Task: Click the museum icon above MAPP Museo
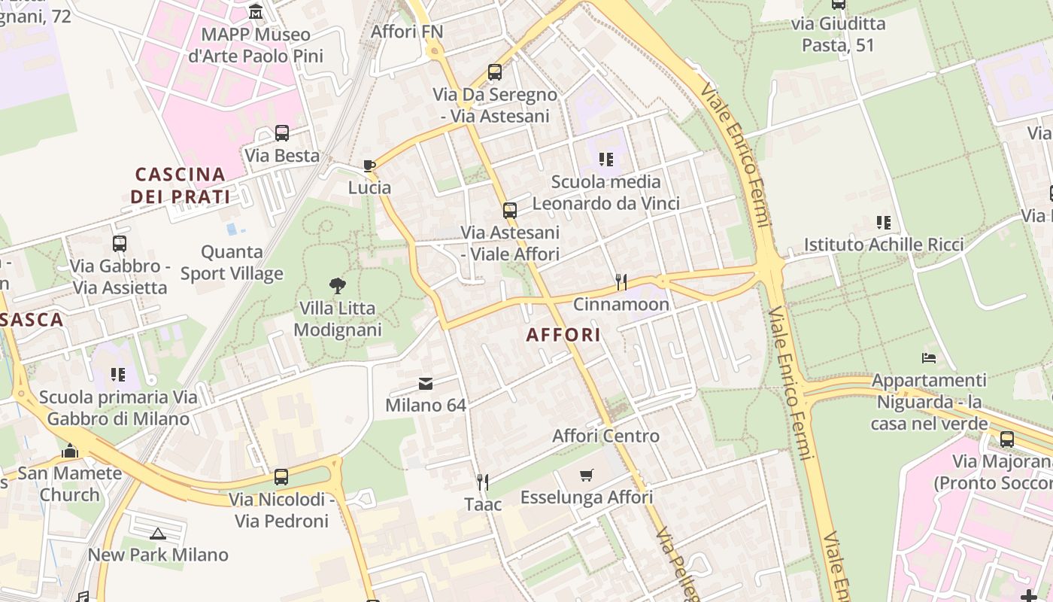point(256,12)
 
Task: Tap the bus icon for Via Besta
point(282,133)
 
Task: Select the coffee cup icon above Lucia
point(369,166)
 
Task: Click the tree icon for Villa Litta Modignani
point(338,285)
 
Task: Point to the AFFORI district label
point(564,335)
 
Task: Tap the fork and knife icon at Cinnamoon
point(621,282)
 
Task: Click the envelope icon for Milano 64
point(426,384)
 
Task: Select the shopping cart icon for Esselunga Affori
point(587,476)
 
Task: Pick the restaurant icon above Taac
point(483,482)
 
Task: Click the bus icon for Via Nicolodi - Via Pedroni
point(281,476)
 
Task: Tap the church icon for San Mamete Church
point(70,451)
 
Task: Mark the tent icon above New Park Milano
point(157,534)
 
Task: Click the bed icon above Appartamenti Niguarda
point(929,358)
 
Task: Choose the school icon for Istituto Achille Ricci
point(884,223)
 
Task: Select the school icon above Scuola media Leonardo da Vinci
point(606,160)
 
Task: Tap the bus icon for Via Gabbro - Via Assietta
point(120,243)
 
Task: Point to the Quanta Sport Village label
point(232,263)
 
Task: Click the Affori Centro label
point(605,436)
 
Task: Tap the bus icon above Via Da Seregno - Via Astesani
point(495,72)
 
